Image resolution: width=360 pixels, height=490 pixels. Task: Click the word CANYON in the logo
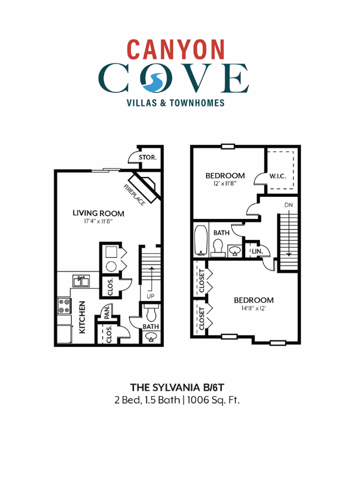tap(176, 49)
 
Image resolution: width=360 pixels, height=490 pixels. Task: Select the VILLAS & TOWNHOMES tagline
tap(176, 103)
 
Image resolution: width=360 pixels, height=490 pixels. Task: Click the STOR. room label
tap(147, 158)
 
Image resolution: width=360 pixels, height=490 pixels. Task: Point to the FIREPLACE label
tap(134, 196)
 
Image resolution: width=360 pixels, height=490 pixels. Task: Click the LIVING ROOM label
tap(98, 213)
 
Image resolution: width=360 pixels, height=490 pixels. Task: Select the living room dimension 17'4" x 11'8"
tap(98, 222)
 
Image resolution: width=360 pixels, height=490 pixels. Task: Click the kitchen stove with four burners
tap(64, 307)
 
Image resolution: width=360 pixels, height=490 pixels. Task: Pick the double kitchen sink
tap(81, 280)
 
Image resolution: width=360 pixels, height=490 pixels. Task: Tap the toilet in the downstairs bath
tap(151, 313)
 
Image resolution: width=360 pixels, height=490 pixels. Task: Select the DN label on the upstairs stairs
tap(289, 205)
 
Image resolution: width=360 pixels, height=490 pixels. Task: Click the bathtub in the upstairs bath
tap(200, 241)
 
